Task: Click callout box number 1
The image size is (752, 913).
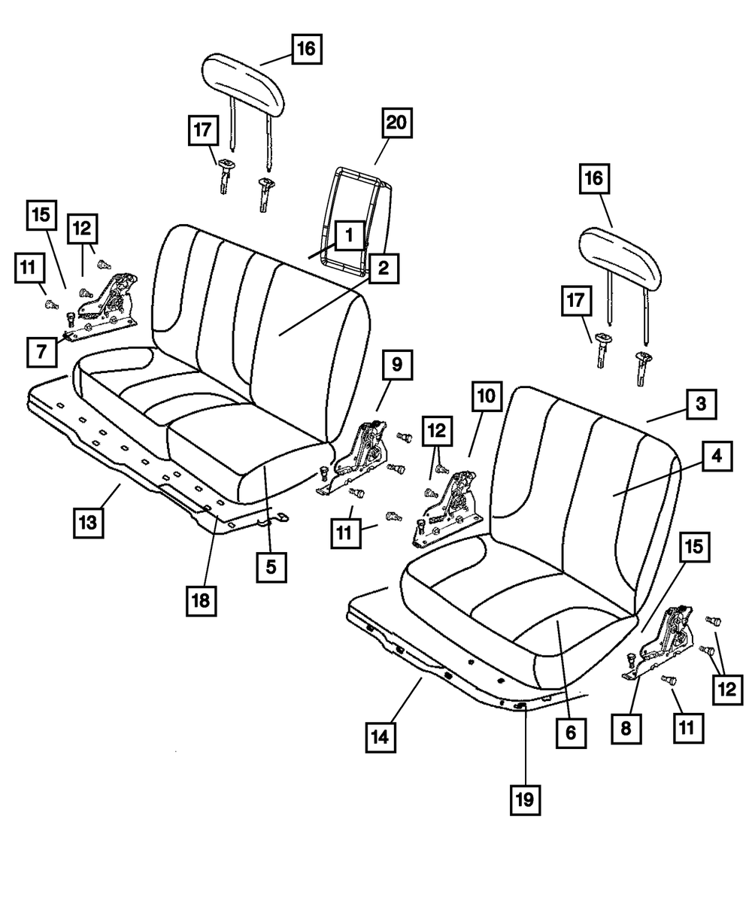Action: pos(349,236)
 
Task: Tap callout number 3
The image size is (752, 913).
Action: pos(700,405)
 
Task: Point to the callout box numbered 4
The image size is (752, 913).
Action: pos(717,456)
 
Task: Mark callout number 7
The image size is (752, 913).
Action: pos(41,351)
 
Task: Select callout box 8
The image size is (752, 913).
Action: pos(629,728)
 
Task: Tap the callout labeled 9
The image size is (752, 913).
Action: pos(396,366)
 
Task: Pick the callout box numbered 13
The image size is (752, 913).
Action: pos(88,522)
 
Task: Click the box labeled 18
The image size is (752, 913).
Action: pos(202,600)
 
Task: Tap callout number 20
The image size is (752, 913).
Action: pos(399,123)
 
